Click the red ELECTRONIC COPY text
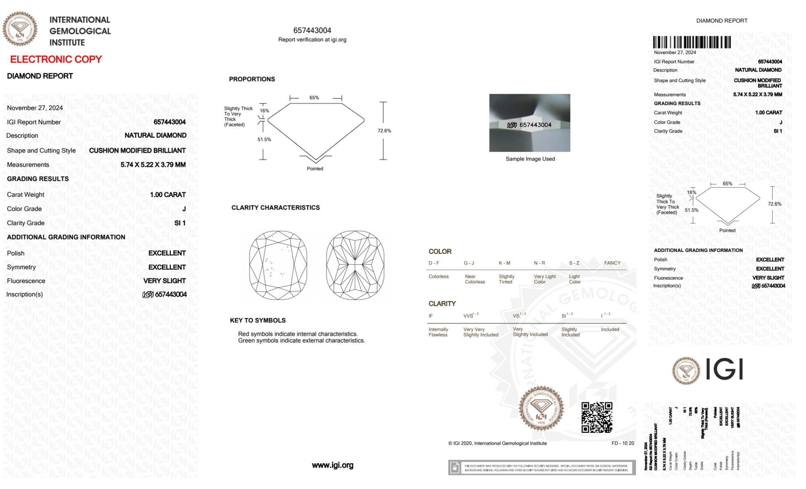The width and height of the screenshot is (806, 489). click(x=56, y=60)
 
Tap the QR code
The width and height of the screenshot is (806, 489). click(x=597, y=417)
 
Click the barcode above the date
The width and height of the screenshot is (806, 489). click(x=692, y=42)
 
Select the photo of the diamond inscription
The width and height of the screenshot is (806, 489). click(x=529, y=123)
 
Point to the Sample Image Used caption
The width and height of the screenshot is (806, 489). click(x=530, y=159)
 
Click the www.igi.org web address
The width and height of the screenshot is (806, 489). click(x=332, y=465)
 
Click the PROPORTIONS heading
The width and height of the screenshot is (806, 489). click(x=252, y=79)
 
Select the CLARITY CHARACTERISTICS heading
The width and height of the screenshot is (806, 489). click(x=276, y=208)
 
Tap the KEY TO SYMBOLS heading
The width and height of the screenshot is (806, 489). click(x=258, y=320)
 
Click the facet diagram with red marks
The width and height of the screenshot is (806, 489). click(x=278, y=265)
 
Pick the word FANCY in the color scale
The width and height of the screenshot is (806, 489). click(x=612, y=263)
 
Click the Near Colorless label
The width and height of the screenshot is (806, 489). click(x=474, y=279)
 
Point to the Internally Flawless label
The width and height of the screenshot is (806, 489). click(x=438, y=332)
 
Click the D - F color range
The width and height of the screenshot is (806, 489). click(x=434, y=263)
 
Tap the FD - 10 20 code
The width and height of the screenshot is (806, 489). click(x=622, y=444)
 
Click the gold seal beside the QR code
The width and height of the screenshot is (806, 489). click(x=541, y=409)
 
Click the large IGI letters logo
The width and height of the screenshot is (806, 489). click(x=724, y=369)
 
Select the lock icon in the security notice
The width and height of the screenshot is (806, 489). click(x=455, y=468)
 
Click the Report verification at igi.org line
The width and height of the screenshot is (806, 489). click(x=312, y=40)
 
